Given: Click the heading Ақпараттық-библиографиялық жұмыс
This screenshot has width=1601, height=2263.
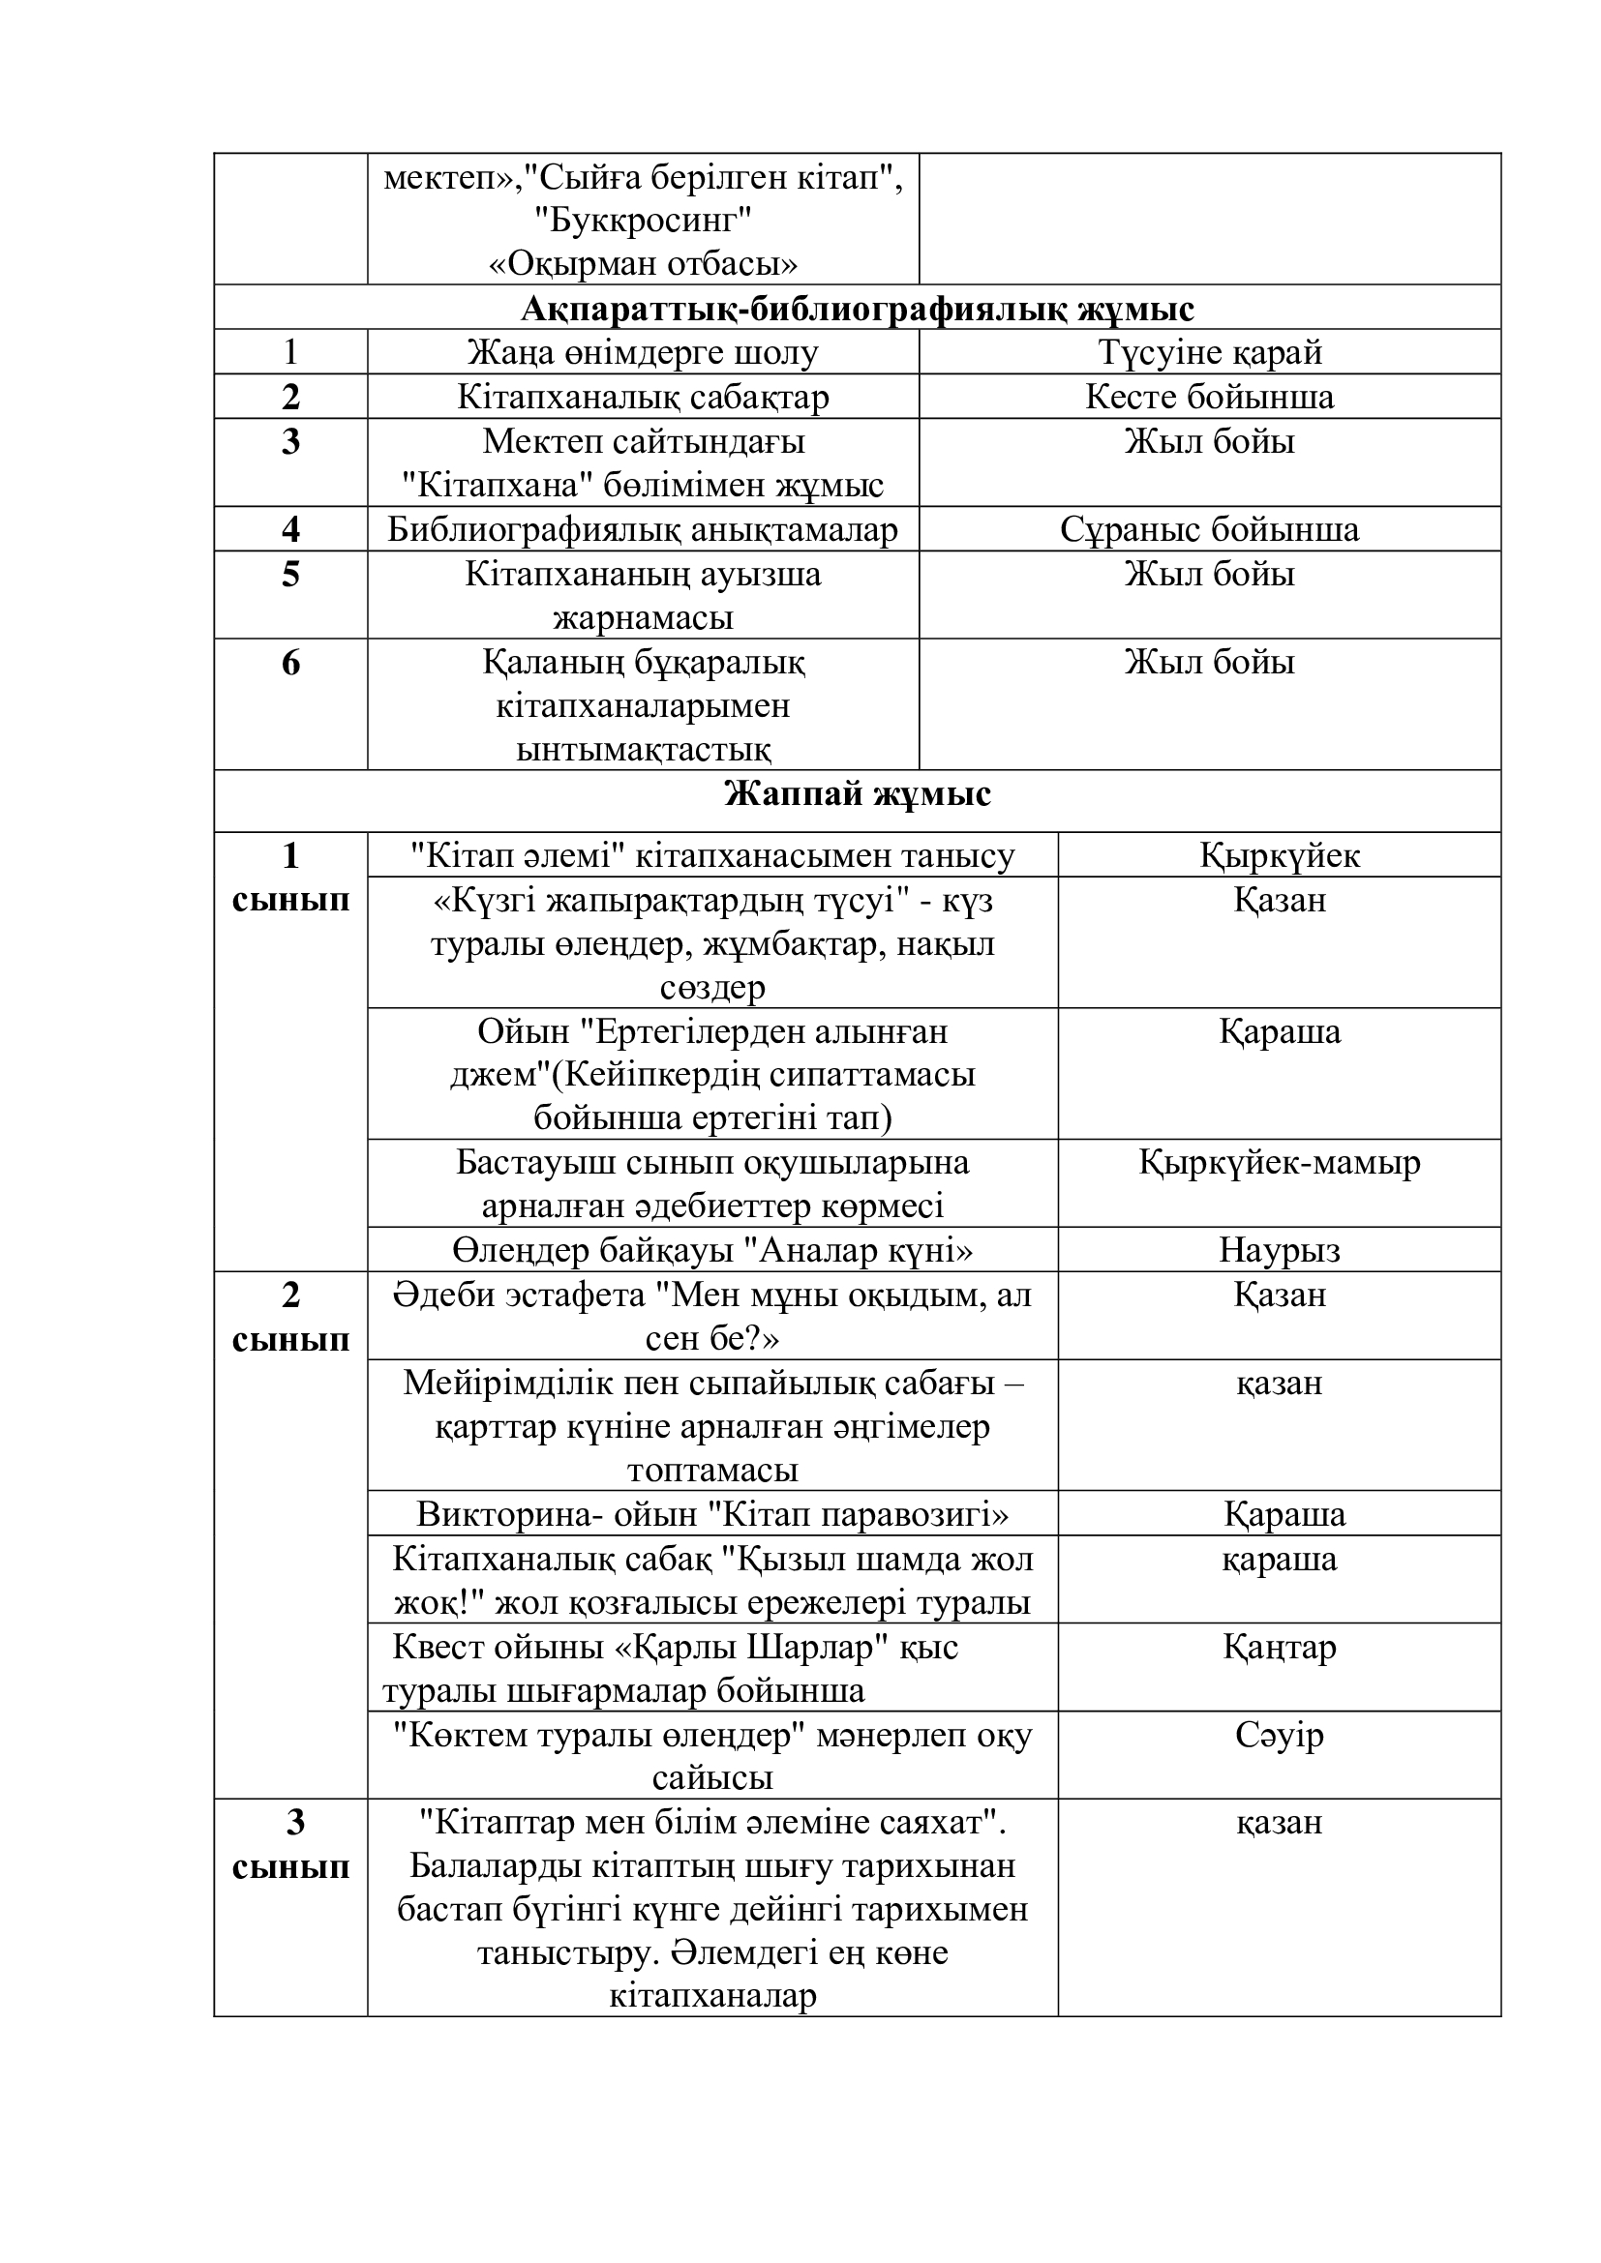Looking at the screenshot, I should coord(857,310).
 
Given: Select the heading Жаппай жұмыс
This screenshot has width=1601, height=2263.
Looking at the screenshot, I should coord(857,793).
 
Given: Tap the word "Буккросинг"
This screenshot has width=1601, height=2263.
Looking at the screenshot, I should coord(643,221).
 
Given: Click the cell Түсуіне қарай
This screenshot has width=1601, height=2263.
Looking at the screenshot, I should coord(1210,353).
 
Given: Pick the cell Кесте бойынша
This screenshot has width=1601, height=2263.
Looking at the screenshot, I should coord(1210,398).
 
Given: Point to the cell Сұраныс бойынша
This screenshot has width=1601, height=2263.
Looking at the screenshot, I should coord(1210,530).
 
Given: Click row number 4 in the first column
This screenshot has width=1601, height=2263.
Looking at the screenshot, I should coord(289,530).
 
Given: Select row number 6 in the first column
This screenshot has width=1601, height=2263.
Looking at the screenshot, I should coord(289,663).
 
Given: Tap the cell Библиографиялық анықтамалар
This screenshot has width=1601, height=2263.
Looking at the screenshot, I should coord(643,530).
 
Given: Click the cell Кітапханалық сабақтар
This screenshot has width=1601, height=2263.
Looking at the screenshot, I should coord(643,398).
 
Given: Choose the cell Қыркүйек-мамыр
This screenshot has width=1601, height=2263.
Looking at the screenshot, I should coord(1279,1163).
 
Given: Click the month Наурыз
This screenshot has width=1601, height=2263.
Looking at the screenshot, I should coord(1279,1251).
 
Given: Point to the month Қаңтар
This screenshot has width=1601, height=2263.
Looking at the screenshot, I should coord(1279,1647).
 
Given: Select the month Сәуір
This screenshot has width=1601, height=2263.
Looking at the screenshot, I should coord(1279,1735).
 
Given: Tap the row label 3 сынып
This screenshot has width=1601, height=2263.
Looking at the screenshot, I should coord(290,1845).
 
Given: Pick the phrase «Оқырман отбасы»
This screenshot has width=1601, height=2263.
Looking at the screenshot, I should coord(643,264).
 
